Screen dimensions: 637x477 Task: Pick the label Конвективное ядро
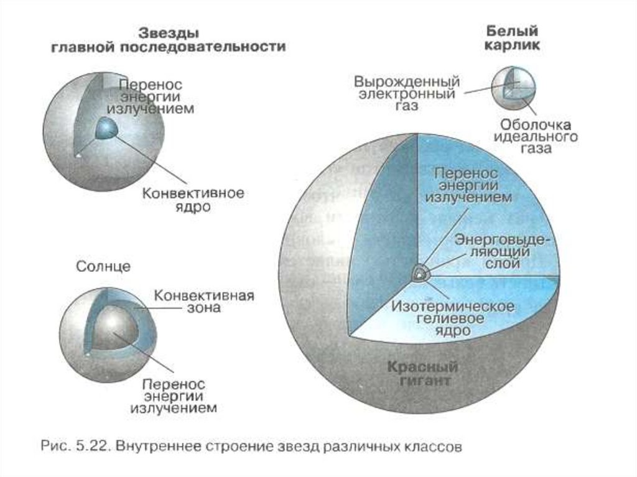193,200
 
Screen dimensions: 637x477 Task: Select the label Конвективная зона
203,301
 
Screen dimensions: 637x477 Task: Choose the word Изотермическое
452,307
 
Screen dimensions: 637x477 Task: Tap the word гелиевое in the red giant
453,318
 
